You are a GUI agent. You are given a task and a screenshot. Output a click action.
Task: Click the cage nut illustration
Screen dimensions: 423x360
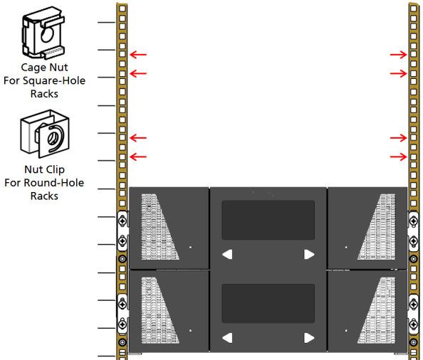(43, 33)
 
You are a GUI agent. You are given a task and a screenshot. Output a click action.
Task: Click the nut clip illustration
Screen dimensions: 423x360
(45, 134)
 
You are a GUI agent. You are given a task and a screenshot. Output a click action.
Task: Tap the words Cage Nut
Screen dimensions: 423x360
(44, 68)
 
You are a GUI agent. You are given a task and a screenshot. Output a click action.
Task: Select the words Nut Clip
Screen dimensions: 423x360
(45, 170)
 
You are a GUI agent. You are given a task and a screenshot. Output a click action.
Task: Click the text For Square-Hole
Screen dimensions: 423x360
(45, 80)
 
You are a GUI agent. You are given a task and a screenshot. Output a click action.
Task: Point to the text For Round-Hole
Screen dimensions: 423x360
(44, 183)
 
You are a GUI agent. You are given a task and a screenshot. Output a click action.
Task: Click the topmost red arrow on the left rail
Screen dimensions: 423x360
(138, 55)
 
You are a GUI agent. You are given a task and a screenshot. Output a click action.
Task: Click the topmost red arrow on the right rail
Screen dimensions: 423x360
(399, 55)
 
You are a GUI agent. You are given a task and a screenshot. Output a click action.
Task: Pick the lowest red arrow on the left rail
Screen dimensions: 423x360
(138, 157)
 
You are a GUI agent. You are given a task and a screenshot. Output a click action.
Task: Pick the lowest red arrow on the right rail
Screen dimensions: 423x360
(399, 157)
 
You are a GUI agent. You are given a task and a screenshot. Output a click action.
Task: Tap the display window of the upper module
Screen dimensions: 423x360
(268, 220)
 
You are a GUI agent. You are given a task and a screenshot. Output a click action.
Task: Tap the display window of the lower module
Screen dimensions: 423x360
(268, 303)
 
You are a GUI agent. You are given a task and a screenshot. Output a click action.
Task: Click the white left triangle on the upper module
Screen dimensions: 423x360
(227, 254)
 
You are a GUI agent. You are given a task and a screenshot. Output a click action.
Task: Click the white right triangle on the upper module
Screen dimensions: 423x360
(309, 254)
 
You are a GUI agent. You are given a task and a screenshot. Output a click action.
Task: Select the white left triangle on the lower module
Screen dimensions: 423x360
(227, 338)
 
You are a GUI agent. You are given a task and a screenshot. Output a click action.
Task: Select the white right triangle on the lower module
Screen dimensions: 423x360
(309, 338)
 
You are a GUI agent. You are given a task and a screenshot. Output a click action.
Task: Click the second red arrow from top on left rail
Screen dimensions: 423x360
(138, 73)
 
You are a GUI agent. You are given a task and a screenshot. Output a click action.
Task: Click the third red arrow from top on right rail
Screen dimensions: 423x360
(399, 138)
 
